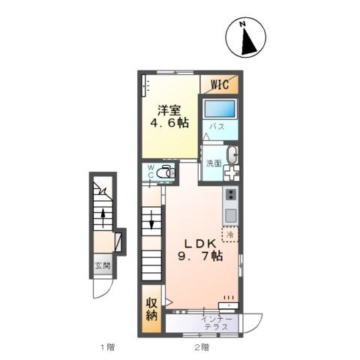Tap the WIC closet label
pos(220,84)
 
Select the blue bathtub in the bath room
pos(220,109)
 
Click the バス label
pos(217,127)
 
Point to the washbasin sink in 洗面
pos(232,155)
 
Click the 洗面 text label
pos(214,163)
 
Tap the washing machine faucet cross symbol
pos(231,172)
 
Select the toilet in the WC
pos(166,172)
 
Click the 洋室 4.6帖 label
pos(169,117)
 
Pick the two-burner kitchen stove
pos(231,194)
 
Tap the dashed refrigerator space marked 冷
pos(230,235)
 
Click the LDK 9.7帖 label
pos(200,250)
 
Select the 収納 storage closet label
pos(151,309)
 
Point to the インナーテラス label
pos(217,323)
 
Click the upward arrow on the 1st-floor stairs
pos(103,218)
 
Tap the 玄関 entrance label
pos(103,265)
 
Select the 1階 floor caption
pos(108,347)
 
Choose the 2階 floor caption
pos(202,347)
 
